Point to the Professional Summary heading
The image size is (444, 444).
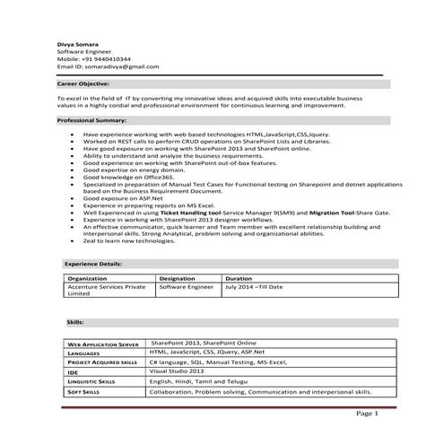tap(91, 119)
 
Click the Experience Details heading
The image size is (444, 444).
tap(93, 264)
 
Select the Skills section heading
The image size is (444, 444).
tap(75, 320)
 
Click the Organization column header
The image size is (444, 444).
tap(87, 279)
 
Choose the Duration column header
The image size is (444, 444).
tap(239, 279)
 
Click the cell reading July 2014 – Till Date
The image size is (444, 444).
tap(254, 287)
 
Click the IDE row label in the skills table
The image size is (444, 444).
tap(74, 371)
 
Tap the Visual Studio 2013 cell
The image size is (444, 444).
tap(178, 370)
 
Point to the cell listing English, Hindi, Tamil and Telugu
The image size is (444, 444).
tap(199, 381)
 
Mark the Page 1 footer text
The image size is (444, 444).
tap(367, 414)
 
